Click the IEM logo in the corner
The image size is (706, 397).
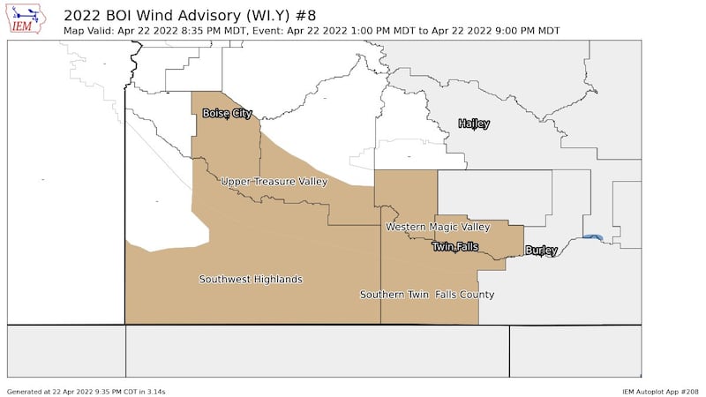pyautogui.click(x=26, y=19)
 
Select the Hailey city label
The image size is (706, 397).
pyautogui.click(x=474, y=124)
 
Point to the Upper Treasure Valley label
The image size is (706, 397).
pyautogui.click(x=274, y=182)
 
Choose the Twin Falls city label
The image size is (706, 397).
pyautogui.click(x=454, y=247)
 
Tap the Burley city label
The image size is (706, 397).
pyautogui.click(x=541, y=251)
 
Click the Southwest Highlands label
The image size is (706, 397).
pyautogui.click(x=251, y=280)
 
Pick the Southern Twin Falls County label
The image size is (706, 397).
pyautogui.click(x=426, y=295)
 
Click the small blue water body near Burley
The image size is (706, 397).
pyautogui.click(x=594, y=236)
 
